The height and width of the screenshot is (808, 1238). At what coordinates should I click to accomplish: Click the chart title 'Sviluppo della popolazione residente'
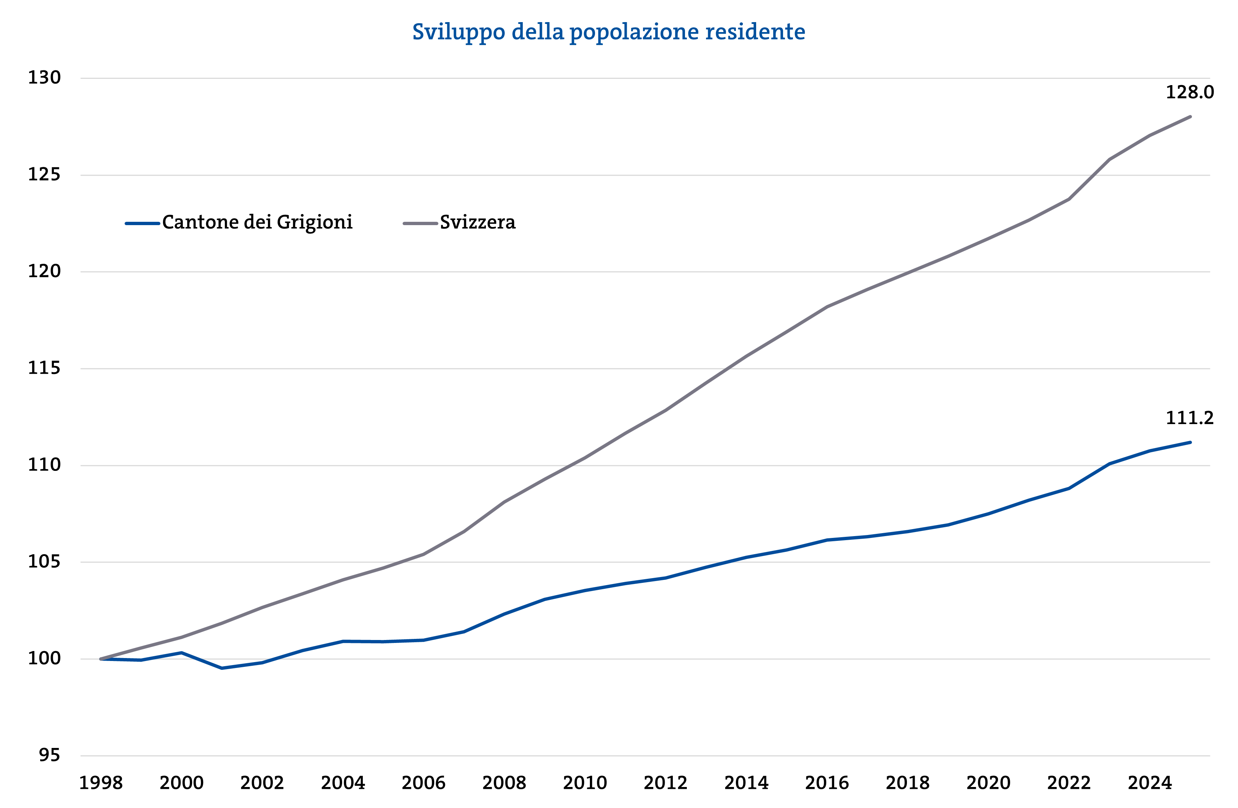coord(609,32)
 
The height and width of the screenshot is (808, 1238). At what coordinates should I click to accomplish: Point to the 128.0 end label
coord(1189,92)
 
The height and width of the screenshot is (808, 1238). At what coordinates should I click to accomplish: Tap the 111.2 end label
coord(1189,418)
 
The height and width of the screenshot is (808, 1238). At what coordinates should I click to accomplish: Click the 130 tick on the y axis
coord(44,78)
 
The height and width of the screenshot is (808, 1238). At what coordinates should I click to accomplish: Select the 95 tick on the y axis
coord(49,755)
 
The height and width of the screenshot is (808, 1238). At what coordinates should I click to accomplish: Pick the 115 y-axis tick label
coord(44,368)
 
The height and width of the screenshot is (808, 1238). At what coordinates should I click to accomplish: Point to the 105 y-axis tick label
coord(44,562)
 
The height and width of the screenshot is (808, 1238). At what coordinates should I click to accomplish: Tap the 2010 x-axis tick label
coord(585,783)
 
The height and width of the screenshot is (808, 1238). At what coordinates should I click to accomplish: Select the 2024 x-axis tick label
coord(1150,783)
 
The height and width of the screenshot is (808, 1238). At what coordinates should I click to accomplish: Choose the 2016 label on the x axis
coord(827,783)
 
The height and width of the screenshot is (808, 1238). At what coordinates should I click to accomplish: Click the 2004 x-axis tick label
coord(343,783)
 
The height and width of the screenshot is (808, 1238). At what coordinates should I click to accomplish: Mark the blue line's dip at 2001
coord(222,668)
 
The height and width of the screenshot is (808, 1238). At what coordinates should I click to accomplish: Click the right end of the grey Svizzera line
coord(1190,117)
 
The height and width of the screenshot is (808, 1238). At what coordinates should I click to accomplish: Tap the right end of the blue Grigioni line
coord(1190,443)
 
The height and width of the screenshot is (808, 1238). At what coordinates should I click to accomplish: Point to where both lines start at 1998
coord(101,659)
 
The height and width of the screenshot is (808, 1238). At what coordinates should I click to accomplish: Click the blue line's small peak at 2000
coord(181,653)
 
